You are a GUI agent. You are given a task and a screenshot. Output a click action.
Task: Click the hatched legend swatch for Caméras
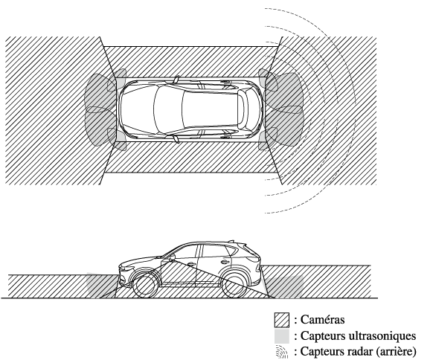coord(282,320)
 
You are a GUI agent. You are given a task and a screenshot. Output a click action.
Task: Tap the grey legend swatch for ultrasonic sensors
coord(282,336)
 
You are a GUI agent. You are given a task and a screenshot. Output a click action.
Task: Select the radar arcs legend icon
coord(282,352)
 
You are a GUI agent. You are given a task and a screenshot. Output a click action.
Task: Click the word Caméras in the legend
coord(323,320)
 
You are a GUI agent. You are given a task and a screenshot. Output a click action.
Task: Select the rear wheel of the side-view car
coord(234,286)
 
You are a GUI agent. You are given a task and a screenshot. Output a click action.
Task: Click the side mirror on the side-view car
coord(171,258)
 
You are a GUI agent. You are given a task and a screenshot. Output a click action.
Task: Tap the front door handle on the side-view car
coord(190,264)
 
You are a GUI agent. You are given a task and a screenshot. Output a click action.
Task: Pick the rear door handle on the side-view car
coord(225,262)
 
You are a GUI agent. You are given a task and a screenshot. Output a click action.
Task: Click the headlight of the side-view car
coord(125,268)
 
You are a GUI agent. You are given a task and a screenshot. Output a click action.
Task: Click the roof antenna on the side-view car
coord(233,241)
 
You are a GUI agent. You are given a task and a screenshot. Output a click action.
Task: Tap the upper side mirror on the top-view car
coord(176,80)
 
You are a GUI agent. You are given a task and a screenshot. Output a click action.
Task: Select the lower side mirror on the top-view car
coord(176,139)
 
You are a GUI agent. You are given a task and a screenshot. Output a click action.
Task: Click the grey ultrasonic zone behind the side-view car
coord(284,286)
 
